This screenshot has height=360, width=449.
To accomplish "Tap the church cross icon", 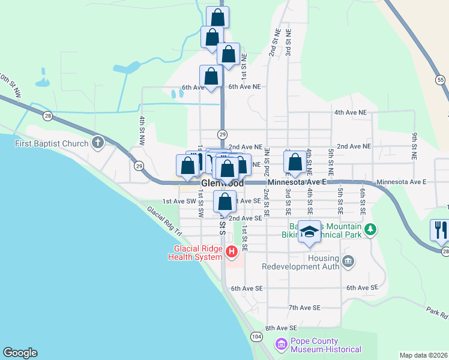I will point(98,143).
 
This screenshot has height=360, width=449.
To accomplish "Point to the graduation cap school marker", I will point(309,232).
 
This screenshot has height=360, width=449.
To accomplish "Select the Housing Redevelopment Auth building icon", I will point(348,261).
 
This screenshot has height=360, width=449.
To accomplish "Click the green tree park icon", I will point(371,229).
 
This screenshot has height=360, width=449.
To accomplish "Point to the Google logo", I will point(20,353).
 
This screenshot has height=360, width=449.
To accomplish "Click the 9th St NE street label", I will point(414,146).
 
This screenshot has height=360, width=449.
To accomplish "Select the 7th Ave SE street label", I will point(304,307).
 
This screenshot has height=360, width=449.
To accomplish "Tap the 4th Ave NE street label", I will point(350,112).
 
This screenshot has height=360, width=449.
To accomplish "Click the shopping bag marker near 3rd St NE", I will point(295,162).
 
